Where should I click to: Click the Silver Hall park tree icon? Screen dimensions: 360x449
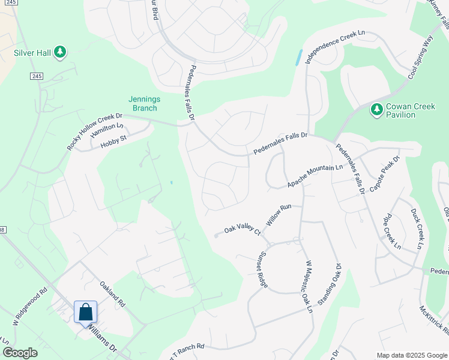(59, 52)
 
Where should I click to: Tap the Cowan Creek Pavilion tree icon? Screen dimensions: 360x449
(376, 109)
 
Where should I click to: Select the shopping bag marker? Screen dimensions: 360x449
(85, 312)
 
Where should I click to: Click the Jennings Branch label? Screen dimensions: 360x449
(143, 104)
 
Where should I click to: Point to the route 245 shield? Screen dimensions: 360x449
(37, 76)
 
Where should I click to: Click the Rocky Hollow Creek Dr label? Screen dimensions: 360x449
(94, 132)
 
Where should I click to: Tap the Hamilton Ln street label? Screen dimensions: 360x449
(106, 130)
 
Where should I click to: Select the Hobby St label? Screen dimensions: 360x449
(113, 142)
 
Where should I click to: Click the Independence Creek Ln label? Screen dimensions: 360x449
(334, 47)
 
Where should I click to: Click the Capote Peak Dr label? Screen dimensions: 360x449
(384, 174)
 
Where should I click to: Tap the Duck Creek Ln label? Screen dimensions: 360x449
(417, 228)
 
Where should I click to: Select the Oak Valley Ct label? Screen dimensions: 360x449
(243, 230)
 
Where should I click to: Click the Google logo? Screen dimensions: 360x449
(20, 353)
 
